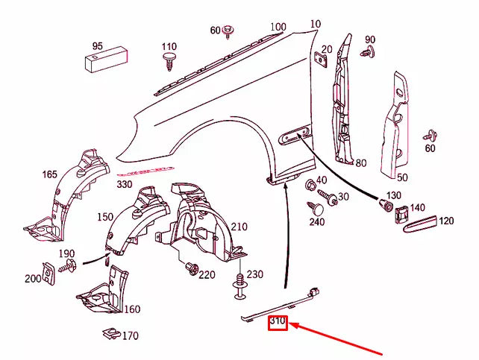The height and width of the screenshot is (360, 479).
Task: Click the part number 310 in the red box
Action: coord(278,322)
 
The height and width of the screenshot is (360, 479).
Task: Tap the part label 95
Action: coord(97,46)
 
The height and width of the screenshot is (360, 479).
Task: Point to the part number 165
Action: coord(49,174)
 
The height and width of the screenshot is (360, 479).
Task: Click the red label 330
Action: coord(125,184)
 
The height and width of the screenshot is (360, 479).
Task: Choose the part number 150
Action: coord(105,216)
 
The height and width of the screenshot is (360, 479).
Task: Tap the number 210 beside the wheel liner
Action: coord(239,227)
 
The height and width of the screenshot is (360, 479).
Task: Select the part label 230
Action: coord(255,274)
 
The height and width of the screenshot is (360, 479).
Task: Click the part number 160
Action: coord(132,309)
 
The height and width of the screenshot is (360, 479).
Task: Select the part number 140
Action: coord(418,209)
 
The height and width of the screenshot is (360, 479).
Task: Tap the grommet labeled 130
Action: coord(388,205)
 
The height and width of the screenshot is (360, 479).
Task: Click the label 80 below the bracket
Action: coord(360,163)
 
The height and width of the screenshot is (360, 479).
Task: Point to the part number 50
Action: coord(402,177)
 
